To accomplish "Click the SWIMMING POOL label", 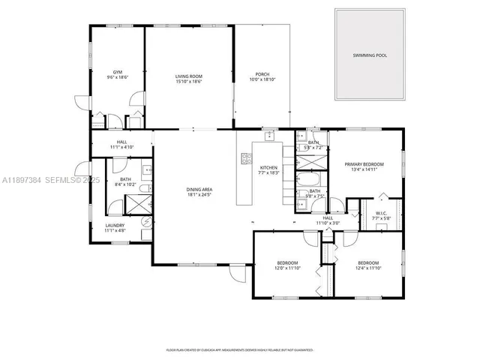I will click(x=370, y=55).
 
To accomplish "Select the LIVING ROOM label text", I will click(x=188, y=75).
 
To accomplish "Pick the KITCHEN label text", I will click(x=268, y=168).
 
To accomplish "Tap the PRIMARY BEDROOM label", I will click(x=364, y=164).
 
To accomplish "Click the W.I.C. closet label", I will click(x=380, y=214).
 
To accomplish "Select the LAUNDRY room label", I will click(x=115, y=225).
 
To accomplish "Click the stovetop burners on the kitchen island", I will click(x=245, y=158).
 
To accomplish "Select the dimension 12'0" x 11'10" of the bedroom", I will click(x=287, y=268).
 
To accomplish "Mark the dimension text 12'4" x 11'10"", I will click(x=367, y=268).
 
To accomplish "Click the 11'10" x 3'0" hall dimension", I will click(x=328, y=223).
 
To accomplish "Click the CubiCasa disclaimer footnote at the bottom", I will click(x=239, y=349).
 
